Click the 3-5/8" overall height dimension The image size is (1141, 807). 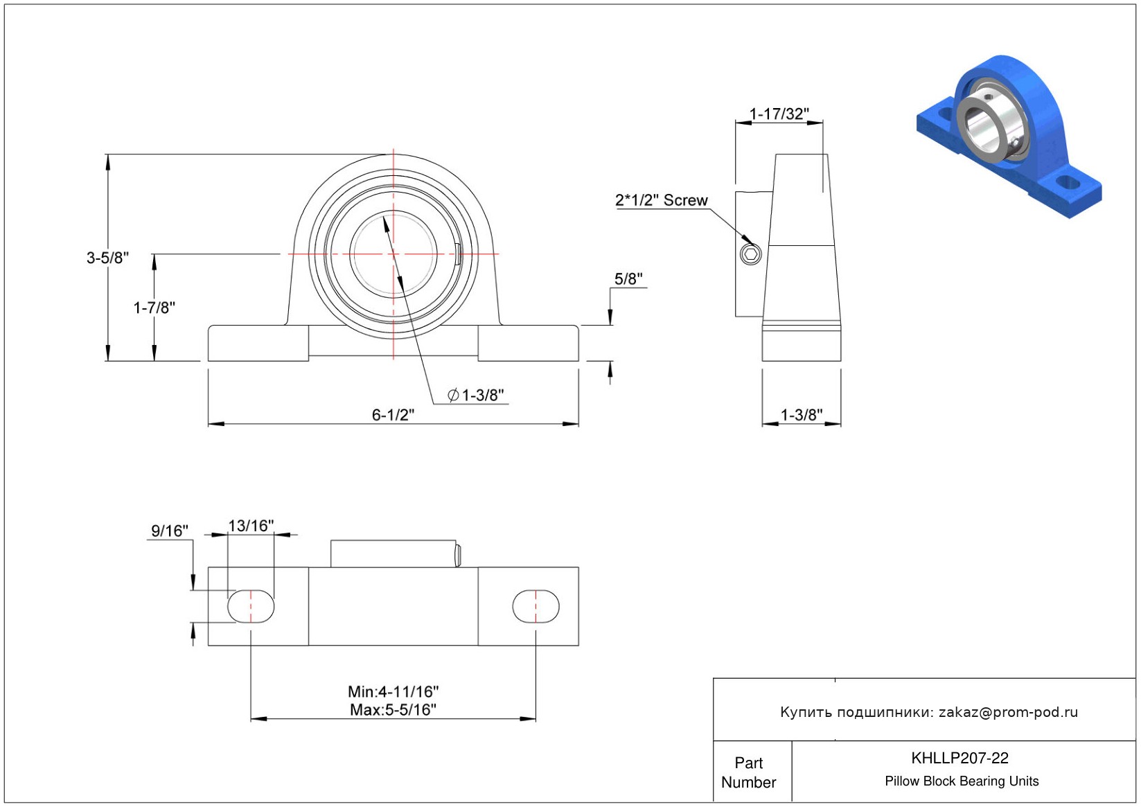107,258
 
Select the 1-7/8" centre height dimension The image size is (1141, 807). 154,308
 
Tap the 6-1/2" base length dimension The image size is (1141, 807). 393,415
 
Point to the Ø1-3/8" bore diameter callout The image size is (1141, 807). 475,395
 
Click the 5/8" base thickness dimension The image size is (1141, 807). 628,278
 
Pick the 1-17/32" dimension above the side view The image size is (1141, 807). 779,114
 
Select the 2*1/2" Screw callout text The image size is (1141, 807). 661,200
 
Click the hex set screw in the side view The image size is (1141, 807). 750,254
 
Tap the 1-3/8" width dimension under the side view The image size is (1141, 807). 802,415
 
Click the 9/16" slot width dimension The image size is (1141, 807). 170,531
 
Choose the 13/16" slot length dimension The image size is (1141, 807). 251,525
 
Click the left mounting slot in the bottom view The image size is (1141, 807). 251,606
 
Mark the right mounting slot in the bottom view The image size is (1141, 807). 536,606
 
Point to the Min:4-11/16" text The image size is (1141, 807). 393,691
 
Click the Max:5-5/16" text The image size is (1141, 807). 393,709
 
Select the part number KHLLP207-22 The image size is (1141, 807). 959,758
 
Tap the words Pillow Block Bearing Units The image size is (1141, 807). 962,781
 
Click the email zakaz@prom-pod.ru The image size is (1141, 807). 1008,711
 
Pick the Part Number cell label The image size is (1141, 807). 748,772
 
